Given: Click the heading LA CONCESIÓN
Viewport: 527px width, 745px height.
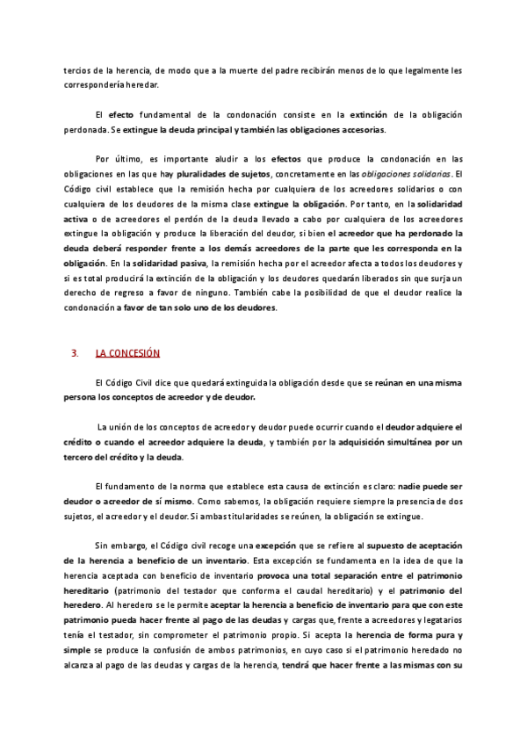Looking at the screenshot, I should [x=127, y=353].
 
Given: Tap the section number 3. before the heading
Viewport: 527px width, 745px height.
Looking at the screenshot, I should [x=74, y=353].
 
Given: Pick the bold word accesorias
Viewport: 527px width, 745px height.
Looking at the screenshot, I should [x=361, y=129].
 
